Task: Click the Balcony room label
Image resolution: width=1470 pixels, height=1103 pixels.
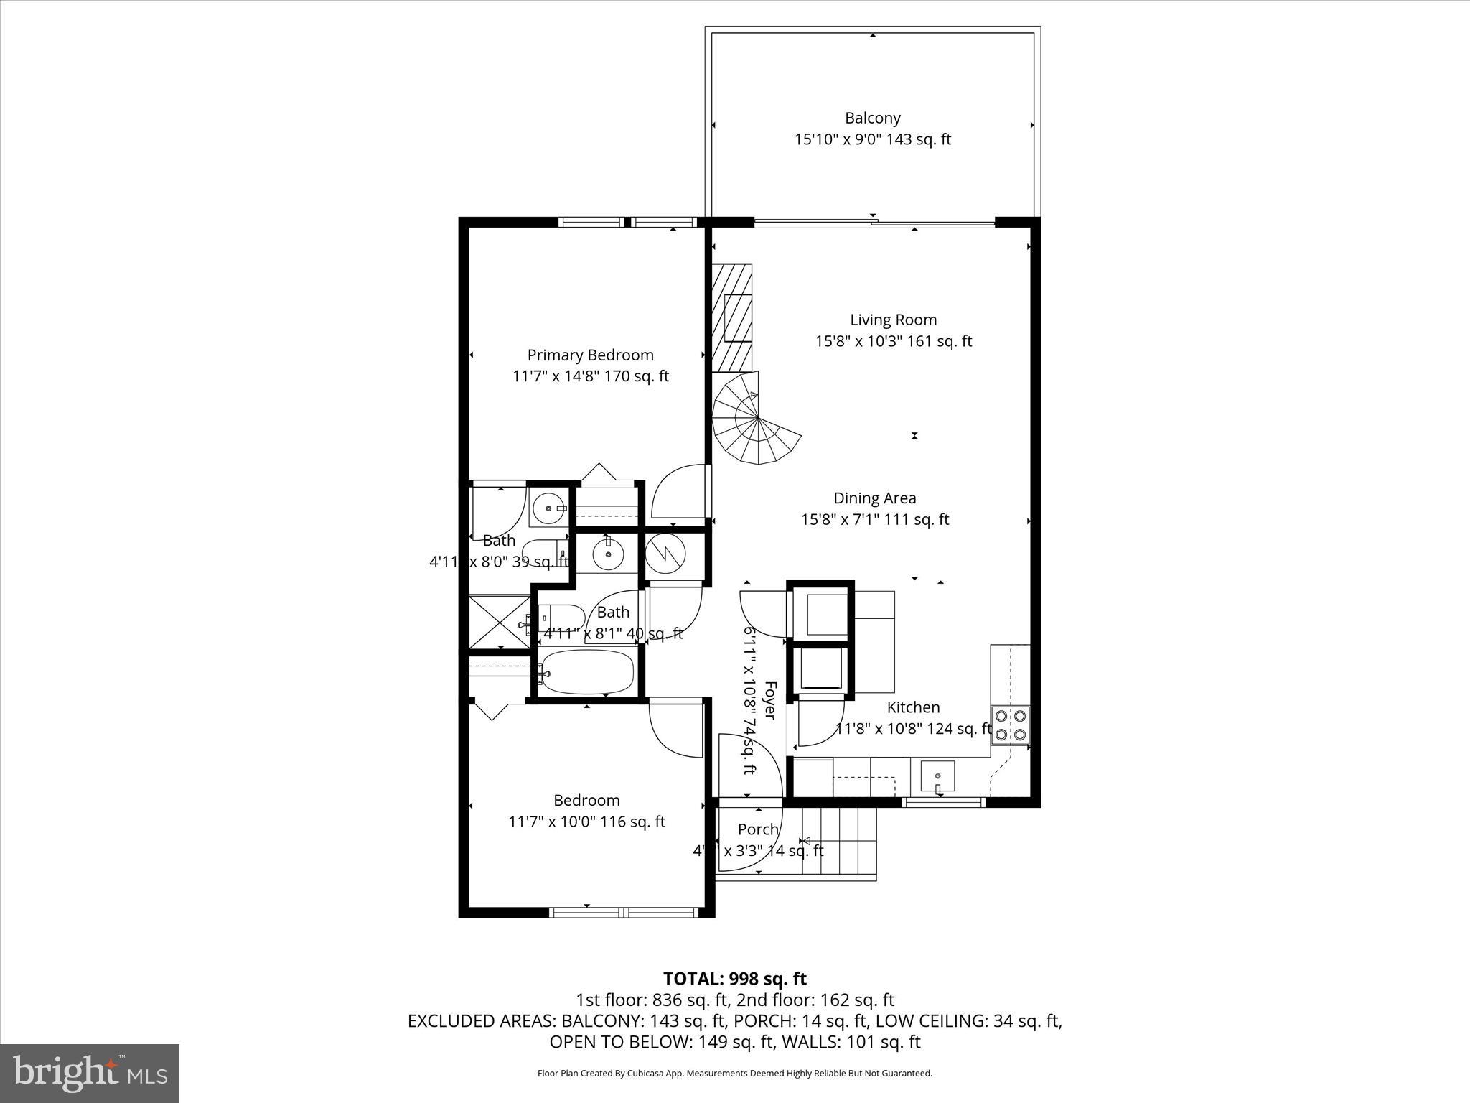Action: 872,118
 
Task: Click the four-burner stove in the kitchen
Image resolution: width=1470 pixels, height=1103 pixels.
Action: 1010,725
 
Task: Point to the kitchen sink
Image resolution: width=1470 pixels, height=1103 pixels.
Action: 937,776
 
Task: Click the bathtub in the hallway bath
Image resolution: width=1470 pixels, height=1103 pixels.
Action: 587,672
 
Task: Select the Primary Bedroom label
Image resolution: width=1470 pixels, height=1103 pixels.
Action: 590,355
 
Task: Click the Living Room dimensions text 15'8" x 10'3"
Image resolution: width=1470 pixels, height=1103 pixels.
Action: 893,342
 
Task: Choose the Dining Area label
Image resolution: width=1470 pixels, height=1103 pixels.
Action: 874,498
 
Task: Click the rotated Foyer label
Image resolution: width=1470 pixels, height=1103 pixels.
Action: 769,700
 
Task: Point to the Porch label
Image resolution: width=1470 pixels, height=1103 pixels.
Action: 758,829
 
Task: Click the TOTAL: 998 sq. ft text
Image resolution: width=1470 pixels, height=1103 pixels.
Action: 734,979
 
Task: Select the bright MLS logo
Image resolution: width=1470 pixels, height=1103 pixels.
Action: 90,1073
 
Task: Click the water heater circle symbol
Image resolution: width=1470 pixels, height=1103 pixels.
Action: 665,554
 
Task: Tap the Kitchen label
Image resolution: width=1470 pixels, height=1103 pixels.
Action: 913,707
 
